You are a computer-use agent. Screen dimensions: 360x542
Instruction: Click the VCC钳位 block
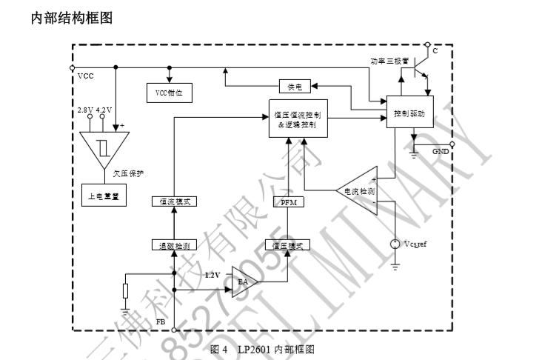[x=169, y=93]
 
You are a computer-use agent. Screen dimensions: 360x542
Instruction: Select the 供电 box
[x=295, y=87]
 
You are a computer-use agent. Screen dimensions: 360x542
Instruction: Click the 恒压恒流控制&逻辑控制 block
[x=295, y=119]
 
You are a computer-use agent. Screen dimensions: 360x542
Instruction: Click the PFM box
[x=287, y=201]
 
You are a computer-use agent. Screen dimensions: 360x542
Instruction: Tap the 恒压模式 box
[x=287, y=244]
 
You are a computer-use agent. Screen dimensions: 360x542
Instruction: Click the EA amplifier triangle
[x=242, y=282]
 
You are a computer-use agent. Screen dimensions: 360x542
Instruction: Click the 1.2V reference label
[x=214, y=275]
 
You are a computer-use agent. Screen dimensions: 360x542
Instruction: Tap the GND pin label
[x=441, y=150]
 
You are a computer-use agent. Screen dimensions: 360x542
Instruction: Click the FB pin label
[x=161, y=322]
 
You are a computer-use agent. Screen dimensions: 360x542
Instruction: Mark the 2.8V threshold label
[x=84, y=110]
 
